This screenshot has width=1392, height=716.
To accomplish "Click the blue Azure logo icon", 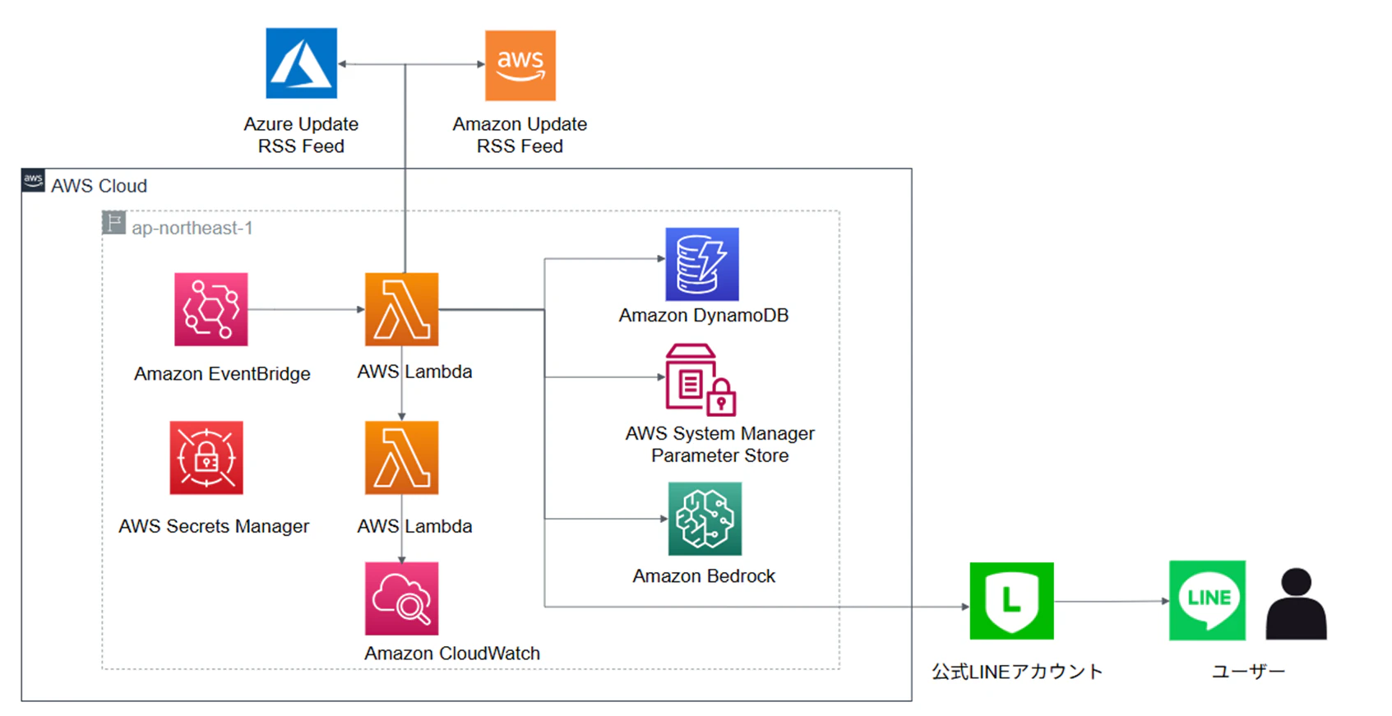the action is tap(302, 62).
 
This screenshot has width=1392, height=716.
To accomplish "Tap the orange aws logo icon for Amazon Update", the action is tap(520, 65).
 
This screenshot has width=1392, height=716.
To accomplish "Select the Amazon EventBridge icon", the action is tap(210, 309).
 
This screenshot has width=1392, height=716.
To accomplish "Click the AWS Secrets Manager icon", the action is tap(206, 457).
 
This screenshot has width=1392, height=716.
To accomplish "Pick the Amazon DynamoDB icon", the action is tap(702, 264).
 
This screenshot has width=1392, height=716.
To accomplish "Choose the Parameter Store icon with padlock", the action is tap(701, 380).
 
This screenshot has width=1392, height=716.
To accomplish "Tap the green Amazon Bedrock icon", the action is tap(705, 519).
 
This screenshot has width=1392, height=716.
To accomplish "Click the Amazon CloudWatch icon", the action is tap(401, 598).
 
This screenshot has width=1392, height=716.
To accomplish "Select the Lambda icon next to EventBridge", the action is tap(401, 309).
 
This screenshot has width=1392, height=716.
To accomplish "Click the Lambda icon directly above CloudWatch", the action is tap(401, 457).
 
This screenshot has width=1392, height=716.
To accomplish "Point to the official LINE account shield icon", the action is tap(1011, 600).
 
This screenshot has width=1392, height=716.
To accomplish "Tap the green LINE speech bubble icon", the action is tap(1208, 600).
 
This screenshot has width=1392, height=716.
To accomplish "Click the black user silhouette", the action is tap(1297, 603).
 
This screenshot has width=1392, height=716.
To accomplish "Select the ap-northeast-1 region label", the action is tap(192, 228).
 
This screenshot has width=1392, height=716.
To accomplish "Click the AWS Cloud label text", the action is tap(99, 186).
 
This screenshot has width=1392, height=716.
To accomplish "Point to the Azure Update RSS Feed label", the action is tap(302, 135).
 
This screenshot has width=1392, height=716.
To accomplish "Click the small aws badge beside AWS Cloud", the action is tap(33, 180).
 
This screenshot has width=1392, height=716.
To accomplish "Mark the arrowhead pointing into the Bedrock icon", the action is tap(664, 519).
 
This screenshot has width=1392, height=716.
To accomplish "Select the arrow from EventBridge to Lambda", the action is tap(307, 309).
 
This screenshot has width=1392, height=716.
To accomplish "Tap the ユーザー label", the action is tap(1248, 672).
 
